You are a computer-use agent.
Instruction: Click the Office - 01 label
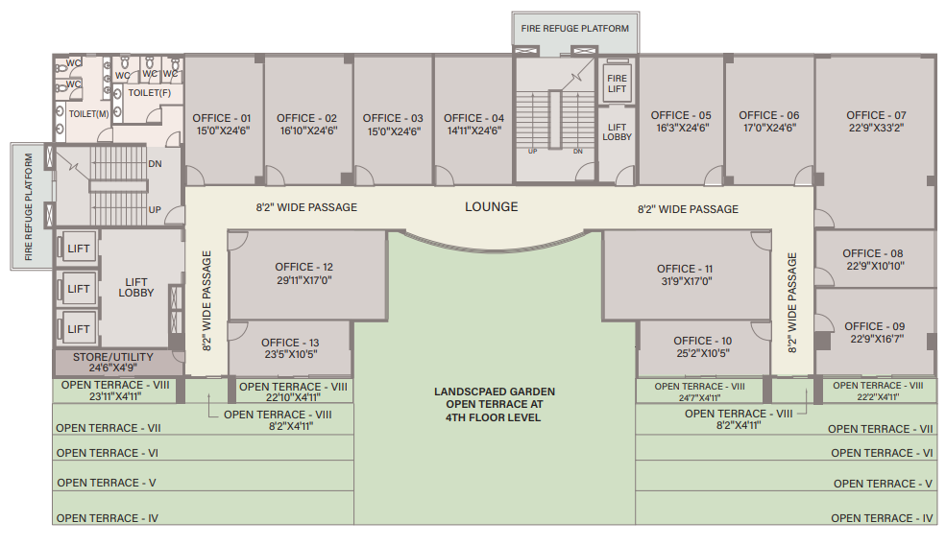[x=224, y=118]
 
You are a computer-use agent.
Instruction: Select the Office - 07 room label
[x=876, y=115]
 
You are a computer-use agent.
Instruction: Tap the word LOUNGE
[x=492, y=206]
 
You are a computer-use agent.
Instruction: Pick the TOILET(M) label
[x=87, y=113]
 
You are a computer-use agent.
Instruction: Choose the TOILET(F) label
[x=149, y=93]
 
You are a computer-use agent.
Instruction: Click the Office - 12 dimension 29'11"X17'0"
[x=303, y=280]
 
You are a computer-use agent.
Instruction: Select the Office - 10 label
[x=703, y=341]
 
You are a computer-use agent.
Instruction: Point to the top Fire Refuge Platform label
[x=575, y=29]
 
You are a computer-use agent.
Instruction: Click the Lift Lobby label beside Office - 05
[x=618, y=132]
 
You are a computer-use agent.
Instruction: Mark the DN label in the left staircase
[x=155, y=163]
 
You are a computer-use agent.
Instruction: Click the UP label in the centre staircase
[x=532, y=151]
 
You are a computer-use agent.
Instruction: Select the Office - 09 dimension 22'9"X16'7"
[x=875, y=340]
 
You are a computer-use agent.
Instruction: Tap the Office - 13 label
[x=290, y=343]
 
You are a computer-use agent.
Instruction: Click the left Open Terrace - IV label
[x=108, y=518]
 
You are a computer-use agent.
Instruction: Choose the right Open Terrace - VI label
[x=882, y=453]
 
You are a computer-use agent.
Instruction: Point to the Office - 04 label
[x=474, y=118]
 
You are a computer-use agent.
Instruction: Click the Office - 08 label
[x=874, y=253]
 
